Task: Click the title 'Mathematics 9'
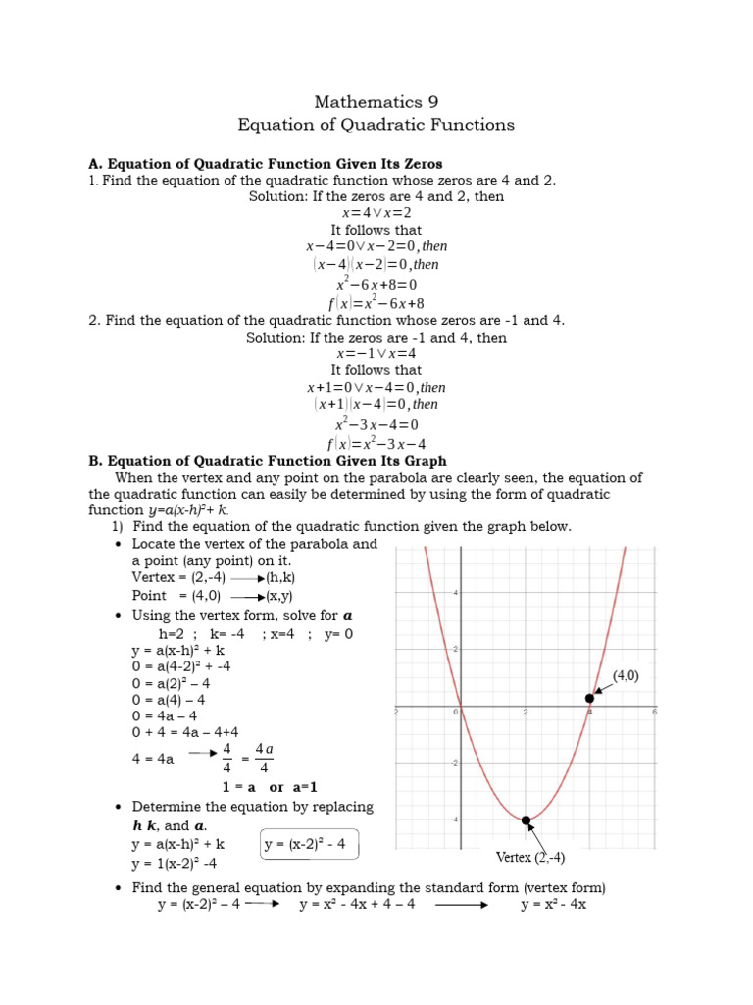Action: [376, 102]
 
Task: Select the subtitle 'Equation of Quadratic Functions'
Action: [376, 125]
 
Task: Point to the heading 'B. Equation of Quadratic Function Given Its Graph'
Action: [267, 460]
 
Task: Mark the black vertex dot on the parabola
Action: [527, 820]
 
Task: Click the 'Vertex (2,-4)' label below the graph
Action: [529, 857]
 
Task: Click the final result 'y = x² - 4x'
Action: [553, 904]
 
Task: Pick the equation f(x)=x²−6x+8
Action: [376, 303]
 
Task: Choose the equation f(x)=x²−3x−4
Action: [376, 443]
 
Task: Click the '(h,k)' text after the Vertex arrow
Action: [281, 578]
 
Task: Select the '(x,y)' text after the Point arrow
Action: [281, 596]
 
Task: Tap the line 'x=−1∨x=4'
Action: [376, 353]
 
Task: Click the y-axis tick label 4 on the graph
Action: [454, 593]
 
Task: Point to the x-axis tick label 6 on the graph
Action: [653, 712]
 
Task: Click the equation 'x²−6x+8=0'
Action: [376, 285]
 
